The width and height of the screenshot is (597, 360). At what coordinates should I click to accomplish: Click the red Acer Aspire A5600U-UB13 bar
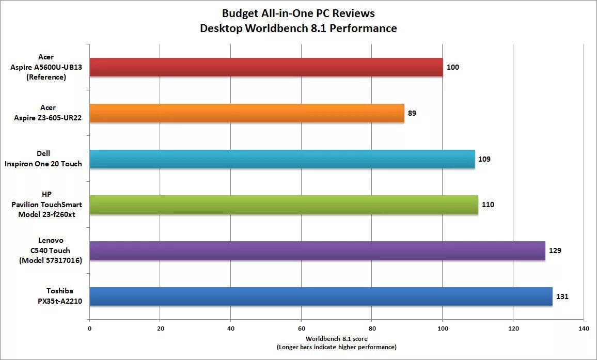click(266, 67)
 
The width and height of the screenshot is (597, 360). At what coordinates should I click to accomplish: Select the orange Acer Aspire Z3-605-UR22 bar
click(247, 113)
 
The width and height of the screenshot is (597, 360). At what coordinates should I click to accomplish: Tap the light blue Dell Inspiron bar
click(282, 159)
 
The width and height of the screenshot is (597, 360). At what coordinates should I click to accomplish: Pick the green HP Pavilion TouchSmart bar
click(284, 205)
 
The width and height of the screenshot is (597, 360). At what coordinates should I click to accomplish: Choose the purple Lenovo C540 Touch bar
click(317, 251)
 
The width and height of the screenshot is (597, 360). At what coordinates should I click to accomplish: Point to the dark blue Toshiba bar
click(321, 296)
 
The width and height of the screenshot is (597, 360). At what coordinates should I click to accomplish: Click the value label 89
click(412, 113)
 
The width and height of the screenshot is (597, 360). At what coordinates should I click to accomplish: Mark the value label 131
click(562, 296)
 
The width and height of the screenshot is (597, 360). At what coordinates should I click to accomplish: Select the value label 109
click(484, 159)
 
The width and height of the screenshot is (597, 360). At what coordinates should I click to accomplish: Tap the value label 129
click(555, 251)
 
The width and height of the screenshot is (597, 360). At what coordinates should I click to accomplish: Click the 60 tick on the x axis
click(301, 328)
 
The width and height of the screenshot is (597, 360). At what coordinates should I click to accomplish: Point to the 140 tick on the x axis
click(584, 328)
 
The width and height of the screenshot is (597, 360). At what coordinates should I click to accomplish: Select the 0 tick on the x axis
click(89, 328)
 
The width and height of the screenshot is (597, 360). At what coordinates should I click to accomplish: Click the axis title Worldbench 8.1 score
click(336, 339)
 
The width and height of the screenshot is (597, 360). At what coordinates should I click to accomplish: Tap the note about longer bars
click(336, 347)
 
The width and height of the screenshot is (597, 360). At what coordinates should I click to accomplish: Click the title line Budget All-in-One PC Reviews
click(298, 13)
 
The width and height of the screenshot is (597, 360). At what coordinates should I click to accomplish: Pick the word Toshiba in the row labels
click(45, 291)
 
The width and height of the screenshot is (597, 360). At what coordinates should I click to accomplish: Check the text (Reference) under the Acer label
click(45, 77)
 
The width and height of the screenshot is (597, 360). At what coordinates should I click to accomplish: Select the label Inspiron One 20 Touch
click(43, 164)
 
